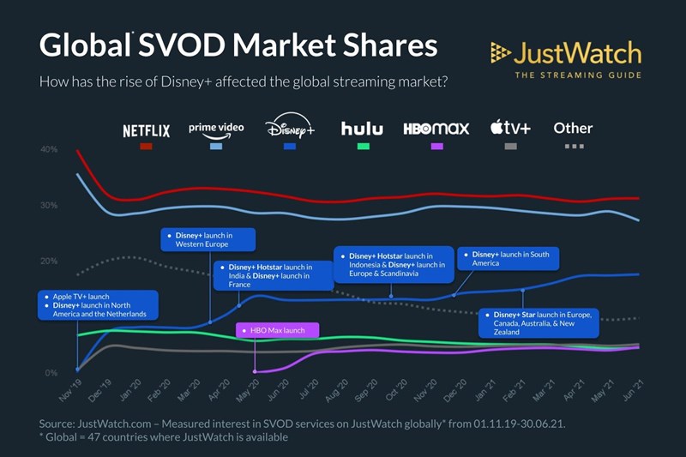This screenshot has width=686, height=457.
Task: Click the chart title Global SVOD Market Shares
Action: [x=238, y=45]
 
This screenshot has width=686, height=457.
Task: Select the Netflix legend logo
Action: [x=146, y=130]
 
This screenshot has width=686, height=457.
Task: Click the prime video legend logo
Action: [x=216, y=129]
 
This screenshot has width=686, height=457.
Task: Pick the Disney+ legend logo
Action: [x=290, y=129]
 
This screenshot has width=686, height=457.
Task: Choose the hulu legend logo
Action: [x=362, y=129]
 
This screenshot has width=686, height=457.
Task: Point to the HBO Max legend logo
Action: [x=436, y=129]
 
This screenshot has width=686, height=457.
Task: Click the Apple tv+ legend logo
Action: [x=510, y=129]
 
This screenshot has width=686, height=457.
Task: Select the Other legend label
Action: [x=573, y=128]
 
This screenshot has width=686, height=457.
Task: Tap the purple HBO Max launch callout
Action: [x=276, y=330]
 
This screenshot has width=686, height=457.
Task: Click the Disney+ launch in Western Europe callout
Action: [x=209, y=239]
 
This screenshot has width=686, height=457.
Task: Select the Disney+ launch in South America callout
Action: [x=508, y=258]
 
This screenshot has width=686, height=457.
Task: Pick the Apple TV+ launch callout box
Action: [x=98, y=305]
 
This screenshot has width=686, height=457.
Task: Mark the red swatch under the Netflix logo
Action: [x=146, y=147]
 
